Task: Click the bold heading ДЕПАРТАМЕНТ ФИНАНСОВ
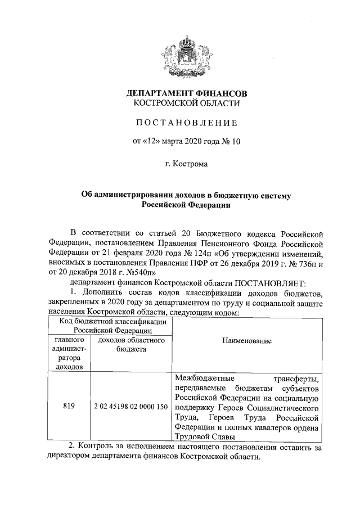pyautogui.click(x=186, y=92)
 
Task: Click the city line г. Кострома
pyautogui.click(x=186, y=164)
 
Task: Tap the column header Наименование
pyautogui.click(x=246, y=341)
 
